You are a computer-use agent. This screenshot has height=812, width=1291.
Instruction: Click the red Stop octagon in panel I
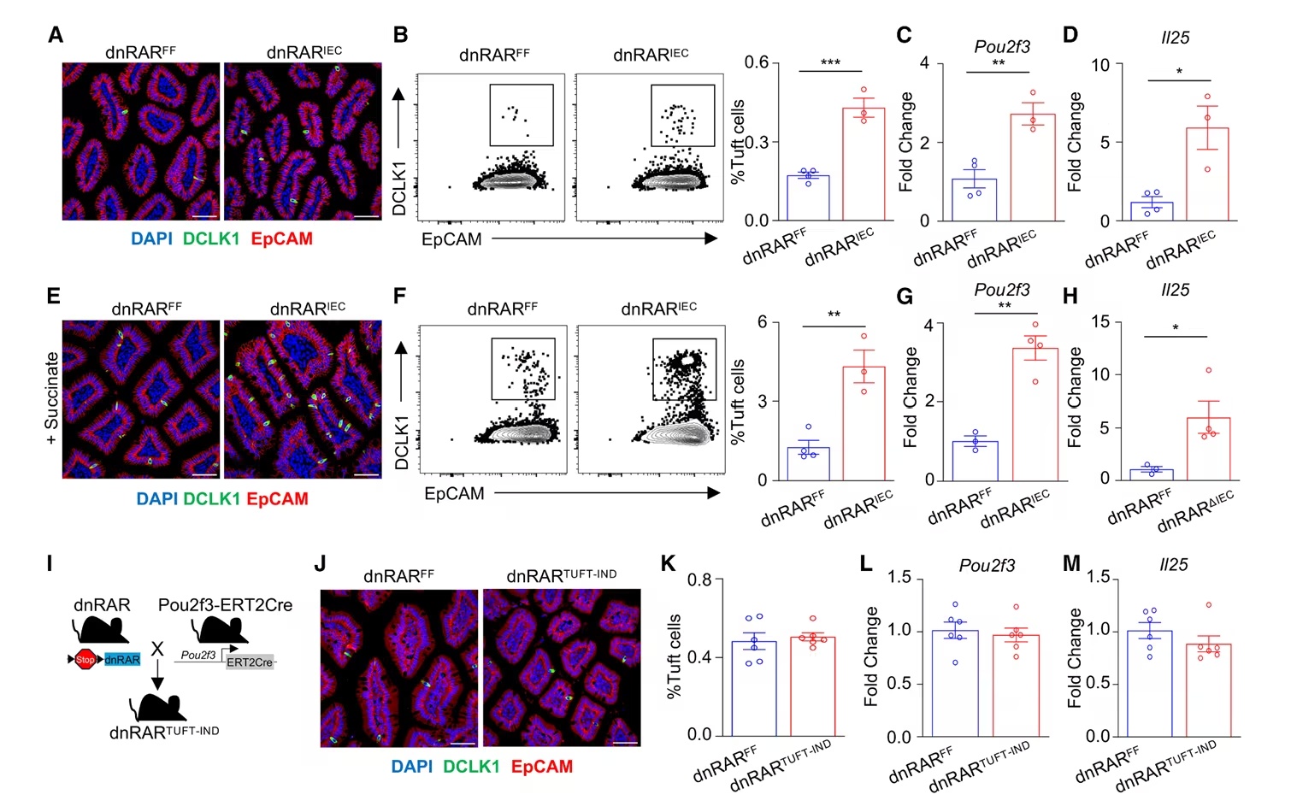(85, 660)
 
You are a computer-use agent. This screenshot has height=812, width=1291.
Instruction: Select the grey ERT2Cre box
(249, 662)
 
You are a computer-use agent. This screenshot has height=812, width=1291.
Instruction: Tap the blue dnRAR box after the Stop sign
(122, 660)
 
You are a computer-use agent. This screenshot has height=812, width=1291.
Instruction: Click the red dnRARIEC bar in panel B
(864, 163)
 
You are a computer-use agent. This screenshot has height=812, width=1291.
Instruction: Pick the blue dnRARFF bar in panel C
(974, 199)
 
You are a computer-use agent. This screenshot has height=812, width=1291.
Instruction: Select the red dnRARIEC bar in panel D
(1207, 174)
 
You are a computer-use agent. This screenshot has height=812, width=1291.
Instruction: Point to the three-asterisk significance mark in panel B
(830, 62)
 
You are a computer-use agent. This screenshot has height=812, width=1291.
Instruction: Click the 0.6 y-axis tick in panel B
(756, 62)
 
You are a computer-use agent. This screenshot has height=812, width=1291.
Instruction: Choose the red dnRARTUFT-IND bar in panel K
(812, 686)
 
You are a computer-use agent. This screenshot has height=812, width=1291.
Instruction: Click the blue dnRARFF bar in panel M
(1150, 684)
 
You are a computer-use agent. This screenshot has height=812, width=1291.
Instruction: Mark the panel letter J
(320, 563)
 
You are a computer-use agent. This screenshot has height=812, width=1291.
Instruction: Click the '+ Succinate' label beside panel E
(51, 398)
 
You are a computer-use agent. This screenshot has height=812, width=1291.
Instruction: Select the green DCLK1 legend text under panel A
(211, 238)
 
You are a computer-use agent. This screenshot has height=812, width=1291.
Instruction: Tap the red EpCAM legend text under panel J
(542, 767)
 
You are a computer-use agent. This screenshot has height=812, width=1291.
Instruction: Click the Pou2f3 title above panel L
(987, 566)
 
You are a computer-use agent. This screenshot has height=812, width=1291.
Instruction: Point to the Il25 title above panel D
(1176, 38)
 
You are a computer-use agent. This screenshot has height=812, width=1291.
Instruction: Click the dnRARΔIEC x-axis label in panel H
(1196, 511)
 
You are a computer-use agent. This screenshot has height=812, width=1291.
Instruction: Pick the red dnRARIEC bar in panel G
(1035, 415)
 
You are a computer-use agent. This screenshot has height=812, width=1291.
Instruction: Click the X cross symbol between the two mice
(157, 649)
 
